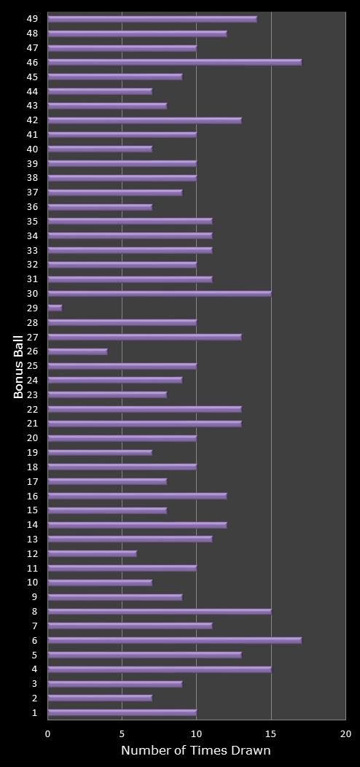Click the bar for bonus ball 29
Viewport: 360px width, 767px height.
(55, 308)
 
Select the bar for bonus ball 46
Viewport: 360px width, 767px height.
(174, 62)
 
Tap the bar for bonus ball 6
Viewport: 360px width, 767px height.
(174, 640)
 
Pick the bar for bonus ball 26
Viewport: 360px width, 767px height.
(77, 351)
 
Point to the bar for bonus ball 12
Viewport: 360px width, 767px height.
(92, 553)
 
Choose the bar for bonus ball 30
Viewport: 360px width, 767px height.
(159, 293)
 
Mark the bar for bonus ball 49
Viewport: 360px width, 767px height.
(152, 19)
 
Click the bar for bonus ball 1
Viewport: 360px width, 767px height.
(122, 712)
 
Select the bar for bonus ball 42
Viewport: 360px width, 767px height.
(144, 120)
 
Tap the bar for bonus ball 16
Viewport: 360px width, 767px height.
(137, 496)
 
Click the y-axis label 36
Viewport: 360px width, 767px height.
(33, 207)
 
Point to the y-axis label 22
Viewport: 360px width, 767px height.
(33, 409)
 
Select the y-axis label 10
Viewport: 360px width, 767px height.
(33, 583)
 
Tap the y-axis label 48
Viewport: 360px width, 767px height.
(33, 34)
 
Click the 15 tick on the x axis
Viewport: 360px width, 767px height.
(271, 733)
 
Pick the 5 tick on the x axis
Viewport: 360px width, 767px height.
(122, 733)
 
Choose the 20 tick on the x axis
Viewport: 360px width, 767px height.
(345, 733)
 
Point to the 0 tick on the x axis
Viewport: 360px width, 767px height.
(48, 733)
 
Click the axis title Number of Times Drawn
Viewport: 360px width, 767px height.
(195, 750)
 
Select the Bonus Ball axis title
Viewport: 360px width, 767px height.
(19, 366)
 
